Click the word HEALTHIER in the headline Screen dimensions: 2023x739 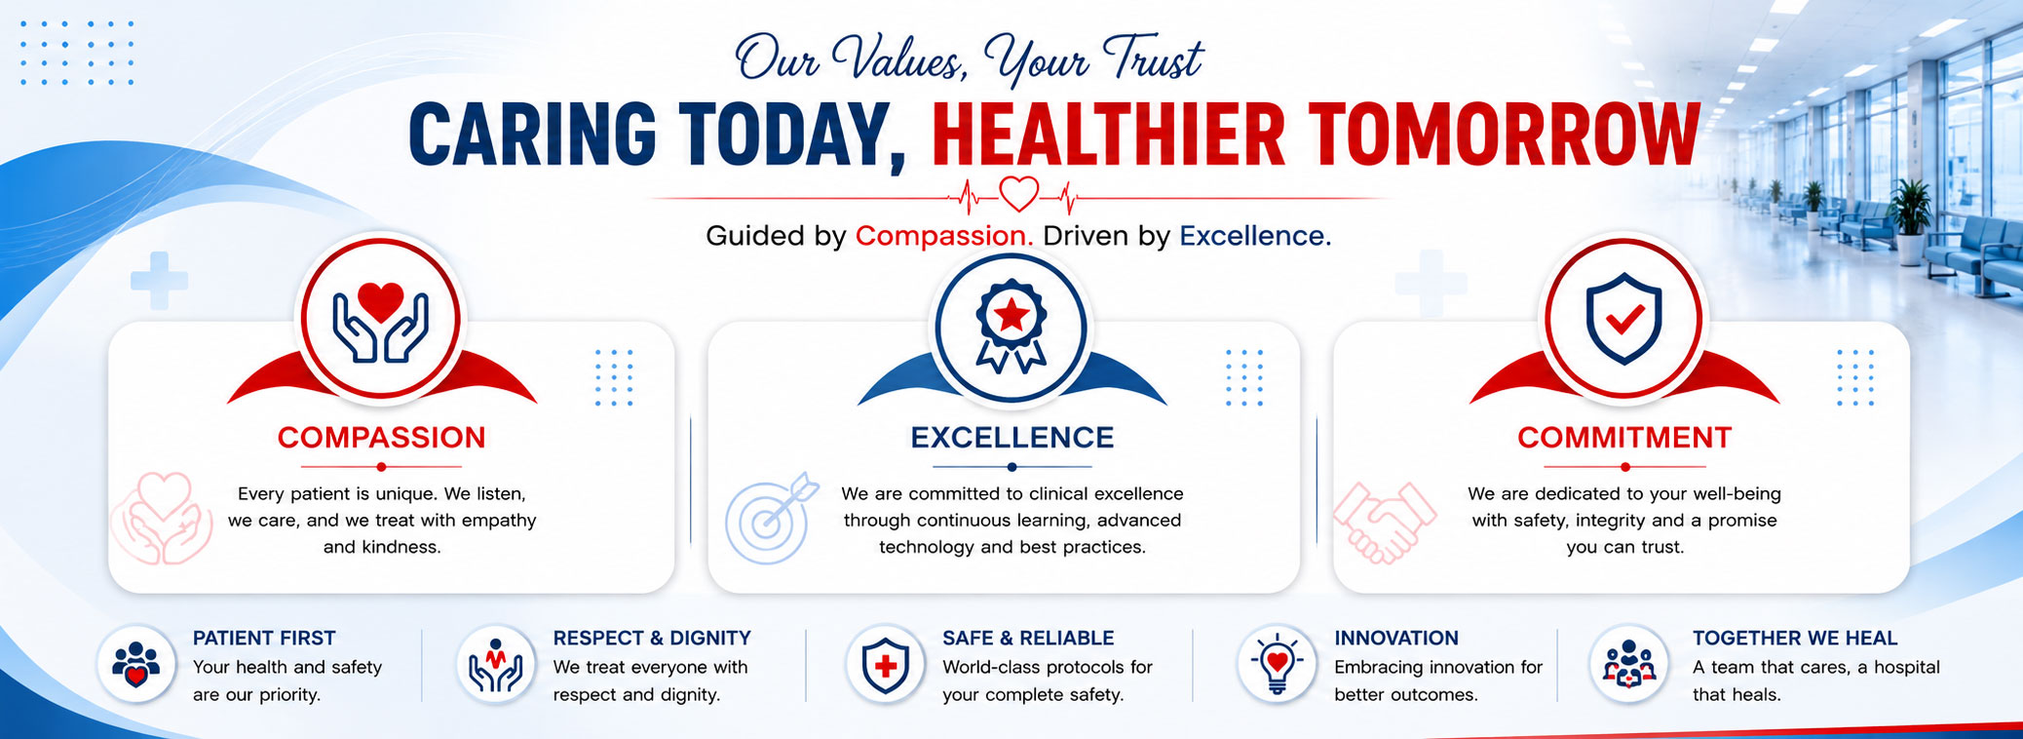pos(1109,135)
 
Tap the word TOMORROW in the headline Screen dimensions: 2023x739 pos(1505,135)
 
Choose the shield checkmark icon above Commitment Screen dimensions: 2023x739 pos(1623,319)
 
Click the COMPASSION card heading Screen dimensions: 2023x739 pos(381,438)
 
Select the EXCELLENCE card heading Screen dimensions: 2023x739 pos(1012,438)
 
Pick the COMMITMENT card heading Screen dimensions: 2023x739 pos(1624,438)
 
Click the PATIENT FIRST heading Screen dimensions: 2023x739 pos(264,638)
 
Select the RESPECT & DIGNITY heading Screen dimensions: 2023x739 pos(652,638)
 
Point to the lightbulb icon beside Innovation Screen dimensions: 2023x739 pos(1278,664)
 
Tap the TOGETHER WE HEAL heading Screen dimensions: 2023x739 pos(1795,638)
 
